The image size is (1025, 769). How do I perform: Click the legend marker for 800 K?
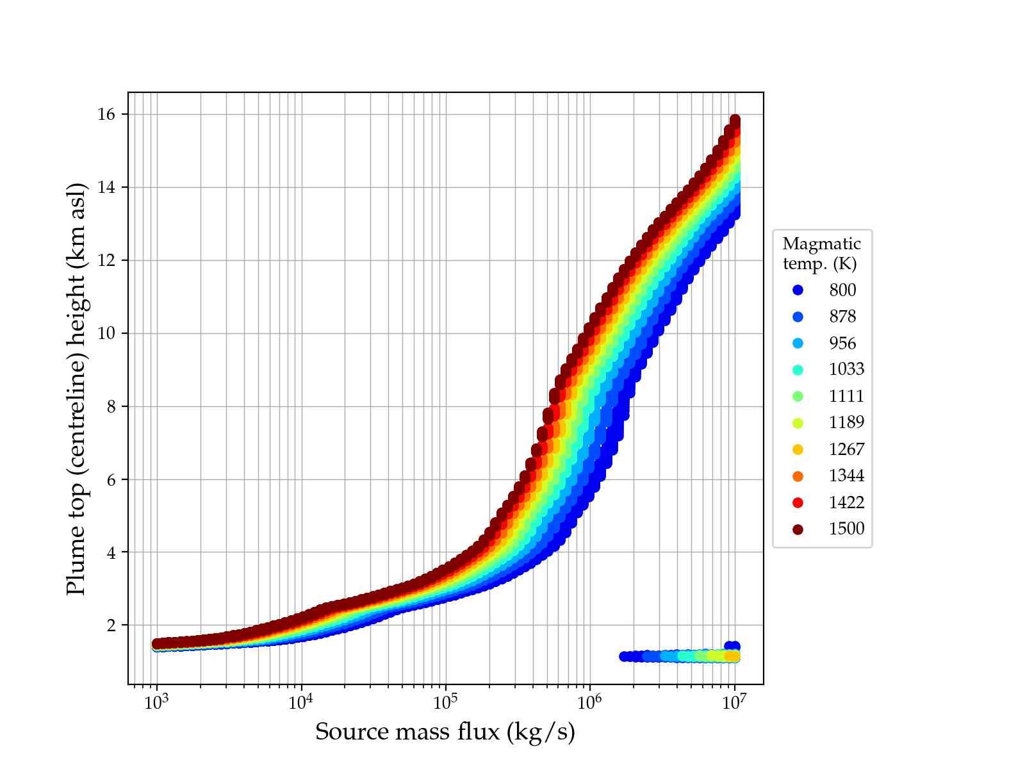(x=798, y=290)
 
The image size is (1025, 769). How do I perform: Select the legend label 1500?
(x=846, y=529)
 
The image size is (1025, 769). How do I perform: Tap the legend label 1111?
(x=846, y=396)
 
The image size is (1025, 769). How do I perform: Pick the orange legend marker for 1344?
(x=798, y=476)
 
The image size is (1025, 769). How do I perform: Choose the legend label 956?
(x=842, y=343)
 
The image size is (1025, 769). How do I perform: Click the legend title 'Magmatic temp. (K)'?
(x=822, y=254)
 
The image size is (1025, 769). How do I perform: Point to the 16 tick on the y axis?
(x=107, y=115)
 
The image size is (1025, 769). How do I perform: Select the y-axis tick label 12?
(x=107, y=261)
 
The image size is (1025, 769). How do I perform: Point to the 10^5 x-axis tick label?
(x=445, y=703)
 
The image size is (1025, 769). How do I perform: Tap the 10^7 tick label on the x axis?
(x=734, y=703)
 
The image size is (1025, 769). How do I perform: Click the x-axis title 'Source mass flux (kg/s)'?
(x=445, y=732)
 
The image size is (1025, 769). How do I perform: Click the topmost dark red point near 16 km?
(x=735, y=120)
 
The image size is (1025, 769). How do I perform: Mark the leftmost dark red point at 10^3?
(x=156, y=643)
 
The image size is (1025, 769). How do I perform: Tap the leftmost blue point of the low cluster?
(x=625, y=656)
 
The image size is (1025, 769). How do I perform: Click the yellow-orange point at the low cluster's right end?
(x=732, y=656)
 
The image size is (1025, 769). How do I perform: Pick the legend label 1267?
(x=846, y=449)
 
